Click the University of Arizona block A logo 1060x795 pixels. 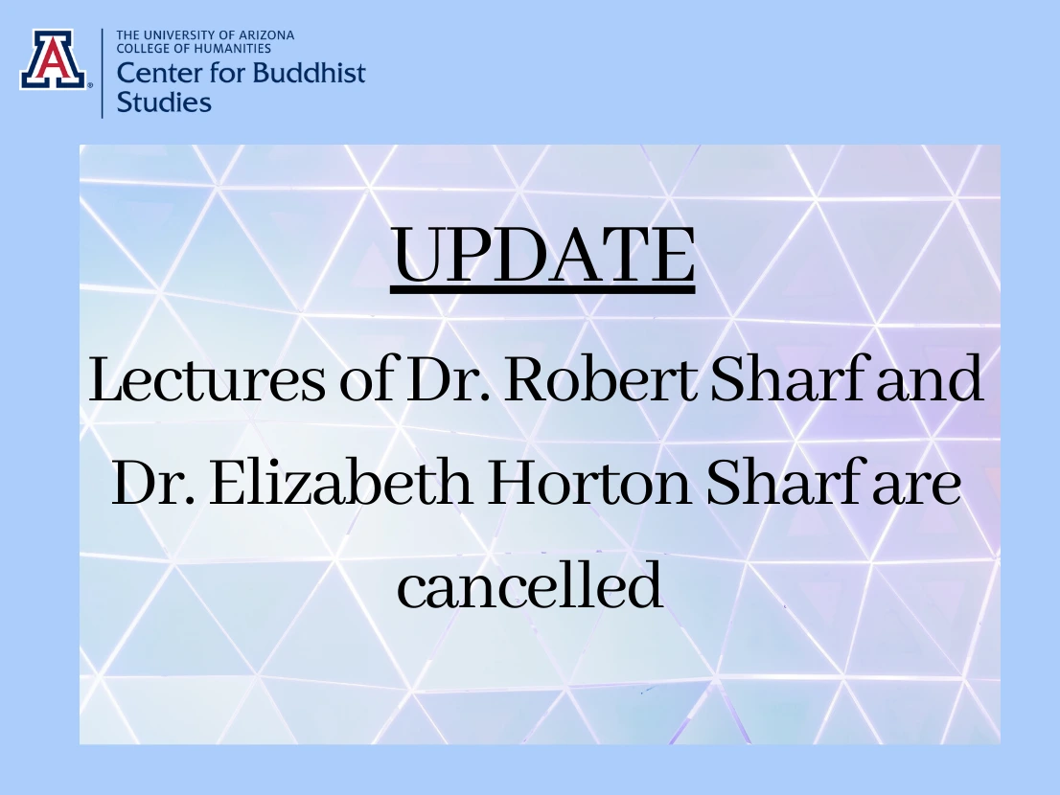click(54, 59)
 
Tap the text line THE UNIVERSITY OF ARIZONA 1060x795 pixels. click(205, 35)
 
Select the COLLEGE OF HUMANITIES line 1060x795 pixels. click(194, 49)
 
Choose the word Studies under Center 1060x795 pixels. click(164, 102)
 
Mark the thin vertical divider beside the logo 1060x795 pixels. click(103, 73)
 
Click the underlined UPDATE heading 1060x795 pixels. click(542, 257)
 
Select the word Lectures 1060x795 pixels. click(208, 379)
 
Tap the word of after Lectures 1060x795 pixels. click(367, 379)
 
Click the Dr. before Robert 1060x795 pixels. click(449, 379)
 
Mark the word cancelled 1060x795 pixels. click(529, 584)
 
